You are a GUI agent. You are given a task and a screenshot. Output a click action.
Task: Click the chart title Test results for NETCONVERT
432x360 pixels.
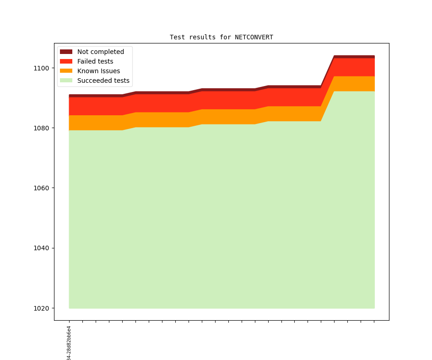tap(221, 37)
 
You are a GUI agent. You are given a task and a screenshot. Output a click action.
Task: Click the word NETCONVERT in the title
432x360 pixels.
tap(254, 37)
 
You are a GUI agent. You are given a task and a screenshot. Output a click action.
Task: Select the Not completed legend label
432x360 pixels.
tap(100, 52)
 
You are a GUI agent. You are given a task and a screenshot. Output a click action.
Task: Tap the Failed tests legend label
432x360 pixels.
tap(95, 61)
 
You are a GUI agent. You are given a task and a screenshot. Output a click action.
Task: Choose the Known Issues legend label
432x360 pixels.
tap(98, 71)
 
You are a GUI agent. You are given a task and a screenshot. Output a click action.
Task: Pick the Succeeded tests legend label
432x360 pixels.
tap(103, 81)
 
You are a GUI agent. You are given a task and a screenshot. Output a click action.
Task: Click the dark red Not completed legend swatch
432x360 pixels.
tap(66, 52)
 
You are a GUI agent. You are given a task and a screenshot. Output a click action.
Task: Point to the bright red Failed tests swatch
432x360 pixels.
tap(66, 61)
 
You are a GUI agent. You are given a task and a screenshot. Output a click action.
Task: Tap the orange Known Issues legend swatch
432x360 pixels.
tap(66, 71)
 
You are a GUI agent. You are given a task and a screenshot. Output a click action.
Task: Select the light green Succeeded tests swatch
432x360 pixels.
tap(66, 81)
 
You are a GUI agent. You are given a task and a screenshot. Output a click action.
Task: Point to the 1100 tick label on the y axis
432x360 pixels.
tap(41, 68)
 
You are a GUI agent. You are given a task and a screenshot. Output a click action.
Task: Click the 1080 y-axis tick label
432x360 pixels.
tap(41, 128)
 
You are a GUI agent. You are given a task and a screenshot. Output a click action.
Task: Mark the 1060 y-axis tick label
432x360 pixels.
tap(41, 188)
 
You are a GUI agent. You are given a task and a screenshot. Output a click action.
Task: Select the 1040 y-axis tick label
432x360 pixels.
tap(41, 248)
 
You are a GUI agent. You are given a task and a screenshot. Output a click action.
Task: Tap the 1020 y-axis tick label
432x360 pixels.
tap(41, 308)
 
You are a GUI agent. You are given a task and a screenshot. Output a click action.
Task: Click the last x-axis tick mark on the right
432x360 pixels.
tap(374, 322)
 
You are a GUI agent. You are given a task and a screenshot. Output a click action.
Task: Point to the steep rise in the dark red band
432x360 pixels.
tap(328, 71)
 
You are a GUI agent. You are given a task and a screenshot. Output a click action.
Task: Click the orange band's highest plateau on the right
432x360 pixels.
tap(355, 84)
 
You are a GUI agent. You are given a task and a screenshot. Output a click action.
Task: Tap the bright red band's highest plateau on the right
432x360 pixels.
tap(355, 67)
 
